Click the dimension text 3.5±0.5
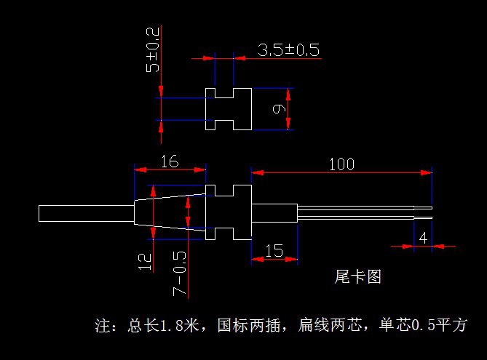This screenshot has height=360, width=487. pyautogui.click(x=288, y=50)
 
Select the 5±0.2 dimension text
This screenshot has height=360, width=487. pyautogui.click(x=152, y=49)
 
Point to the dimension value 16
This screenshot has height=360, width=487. pyautogui.click(x=169, y=161)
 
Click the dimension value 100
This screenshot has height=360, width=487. pyautogui.click(x=341, y=164)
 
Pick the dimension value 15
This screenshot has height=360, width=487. pyautogui.click(x=274, y=250)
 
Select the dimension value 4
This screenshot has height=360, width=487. pyautogui.click(x=423, y=238)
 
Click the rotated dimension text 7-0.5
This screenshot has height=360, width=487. pyautogui.click(x=179, y=273)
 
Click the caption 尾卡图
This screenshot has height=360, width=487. pyautogui.click(x=357, y=277)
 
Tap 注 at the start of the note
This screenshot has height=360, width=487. pyautogui.click(x=103, y=325)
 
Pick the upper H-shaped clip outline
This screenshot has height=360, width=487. pyautogui.click(x=229, y=110)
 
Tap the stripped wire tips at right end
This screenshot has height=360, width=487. pyautogui.click(x=423, y=213)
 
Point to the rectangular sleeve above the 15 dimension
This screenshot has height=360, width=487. pyautogui.click(x=274, y=213)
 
